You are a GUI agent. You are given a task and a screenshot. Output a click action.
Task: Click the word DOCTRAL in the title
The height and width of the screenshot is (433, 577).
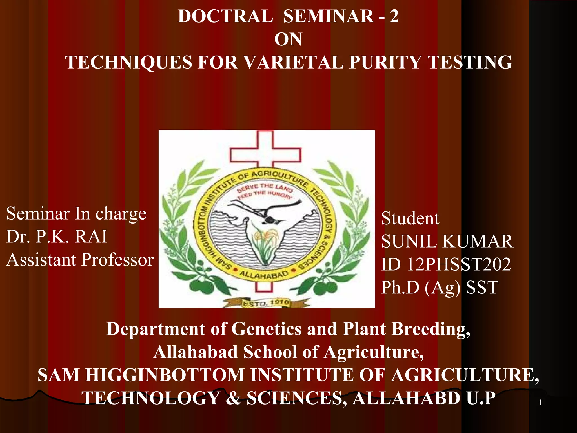225,16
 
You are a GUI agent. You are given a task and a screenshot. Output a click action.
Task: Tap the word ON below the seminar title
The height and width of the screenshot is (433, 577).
288,39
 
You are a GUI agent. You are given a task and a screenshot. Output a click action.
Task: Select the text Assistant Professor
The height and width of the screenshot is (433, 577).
80,259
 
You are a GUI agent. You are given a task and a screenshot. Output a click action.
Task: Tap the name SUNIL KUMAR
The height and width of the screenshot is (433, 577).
447,242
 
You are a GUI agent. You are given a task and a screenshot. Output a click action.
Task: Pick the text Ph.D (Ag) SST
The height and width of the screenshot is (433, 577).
440,288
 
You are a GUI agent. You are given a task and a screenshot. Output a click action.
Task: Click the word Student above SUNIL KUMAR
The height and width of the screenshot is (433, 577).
410,218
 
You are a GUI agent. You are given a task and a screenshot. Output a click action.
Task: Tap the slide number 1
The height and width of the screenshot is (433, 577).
540,403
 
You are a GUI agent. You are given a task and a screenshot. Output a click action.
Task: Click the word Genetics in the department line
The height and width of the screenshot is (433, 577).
266,329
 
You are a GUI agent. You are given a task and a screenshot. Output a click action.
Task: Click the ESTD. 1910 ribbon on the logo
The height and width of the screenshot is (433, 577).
266,303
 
